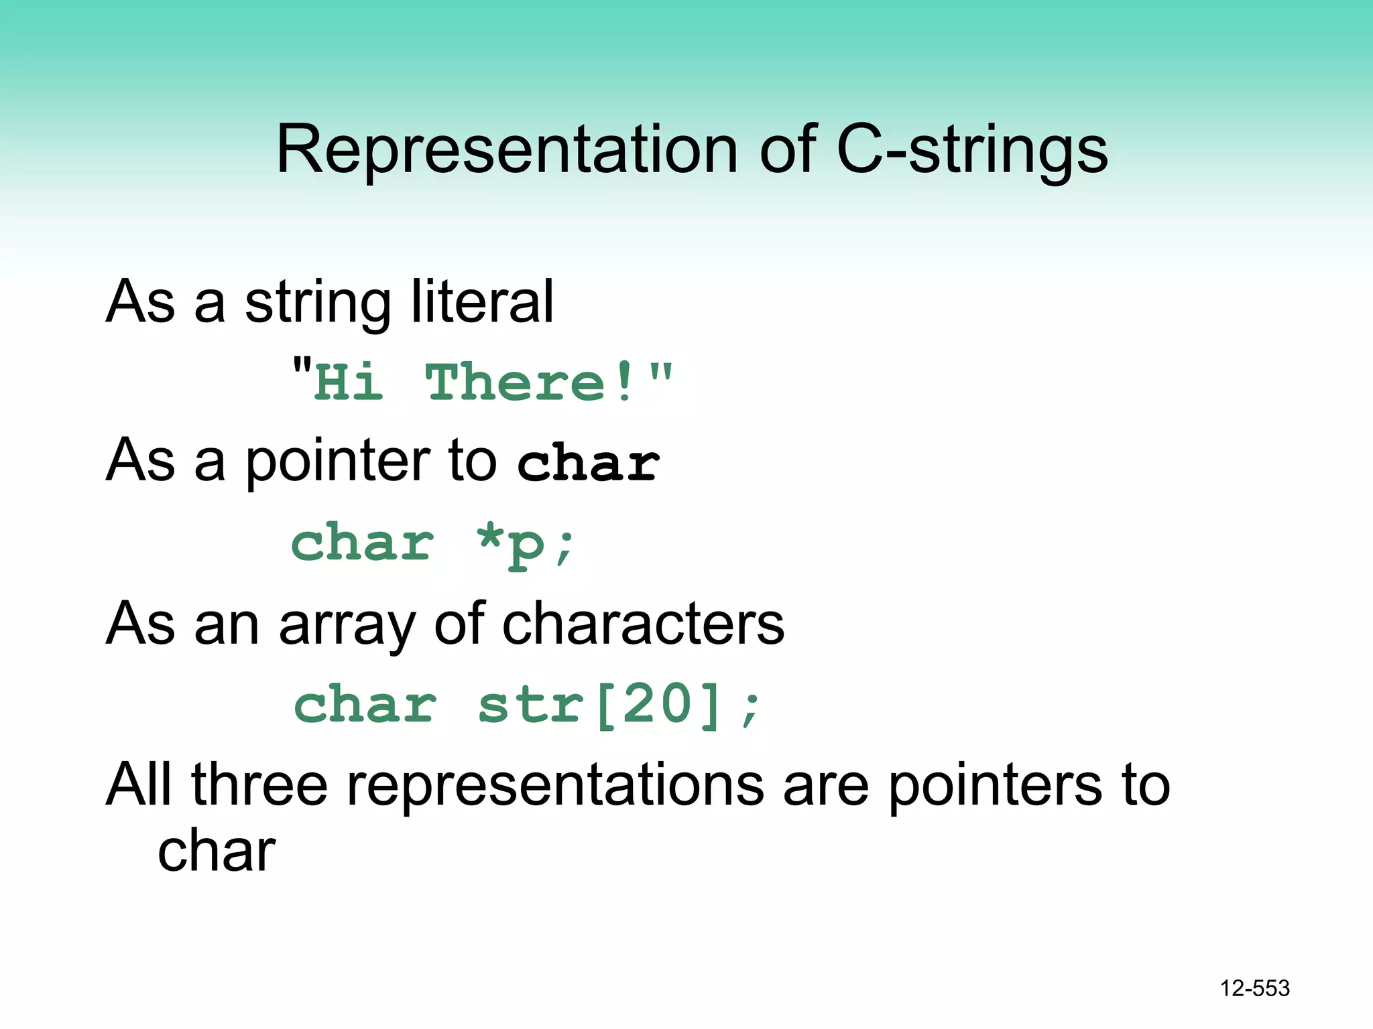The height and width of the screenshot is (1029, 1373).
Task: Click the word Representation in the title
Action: tap(506, 150)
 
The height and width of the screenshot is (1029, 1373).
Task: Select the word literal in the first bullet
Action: tap(482, 301)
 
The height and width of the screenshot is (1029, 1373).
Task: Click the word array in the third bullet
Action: tap(347, 624)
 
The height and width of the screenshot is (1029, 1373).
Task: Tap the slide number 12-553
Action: tap(1254, 988)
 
